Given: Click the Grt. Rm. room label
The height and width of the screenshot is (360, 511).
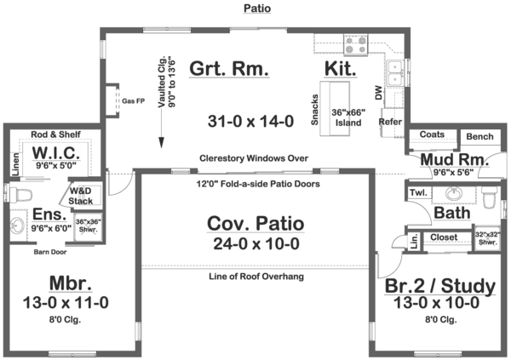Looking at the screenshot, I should coord(229,68).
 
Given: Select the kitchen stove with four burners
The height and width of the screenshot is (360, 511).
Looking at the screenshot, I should coord(354,43).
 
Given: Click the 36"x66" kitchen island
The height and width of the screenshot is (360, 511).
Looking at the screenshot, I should coord(338,104).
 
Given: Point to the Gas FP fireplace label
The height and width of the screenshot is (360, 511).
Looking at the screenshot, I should coord(135,100).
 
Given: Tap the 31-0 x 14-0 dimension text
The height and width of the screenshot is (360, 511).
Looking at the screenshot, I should coord(251,122).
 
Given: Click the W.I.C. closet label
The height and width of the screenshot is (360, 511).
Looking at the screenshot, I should coord(56,153).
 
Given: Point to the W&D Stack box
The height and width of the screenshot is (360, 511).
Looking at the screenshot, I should coord(83,195).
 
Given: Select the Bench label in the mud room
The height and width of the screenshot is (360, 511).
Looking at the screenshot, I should coord(479,136).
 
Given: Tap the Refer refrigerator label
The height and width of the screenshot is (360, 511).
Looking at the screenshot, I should coord(391,122).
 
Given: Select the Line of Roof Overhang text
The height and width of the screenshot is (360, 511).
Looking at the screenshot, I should coord(256,277).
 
